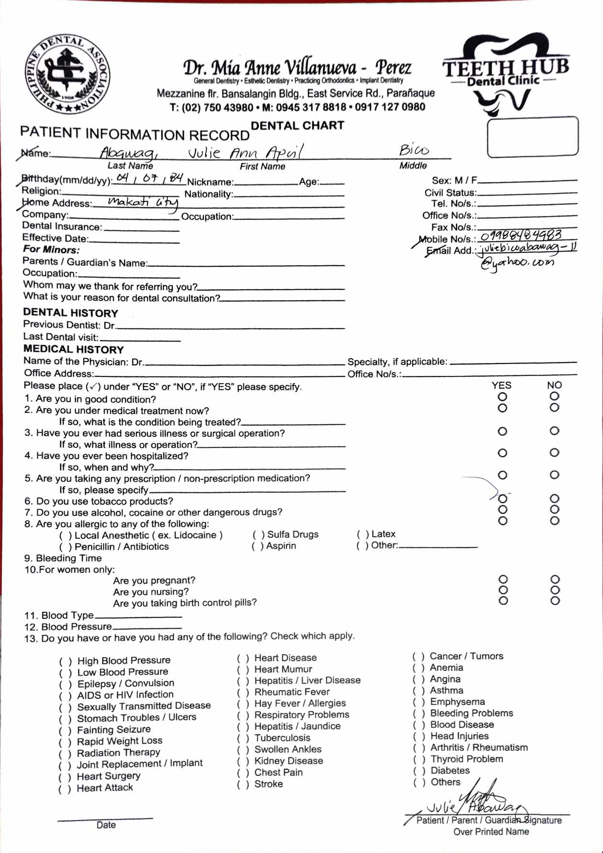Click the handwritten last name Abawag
(127, 153)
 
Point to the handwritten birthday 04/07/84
(150, 179)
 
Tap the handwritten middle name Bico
(414, 150)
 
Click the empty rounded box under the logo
(532, 137)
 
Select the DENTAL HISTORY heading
(70, 313)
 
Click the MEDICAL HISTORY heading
(74, 350)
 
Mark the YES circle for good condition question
(502, 397)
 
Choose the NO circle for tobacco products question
(554, 499)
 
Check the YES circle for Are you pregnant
(502, 580)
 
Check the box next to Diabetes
(419, 771)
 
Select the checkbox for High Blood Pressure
(65, 661)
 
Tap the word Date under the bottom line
(106, 825)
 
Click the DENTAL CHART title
(297, 125)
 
